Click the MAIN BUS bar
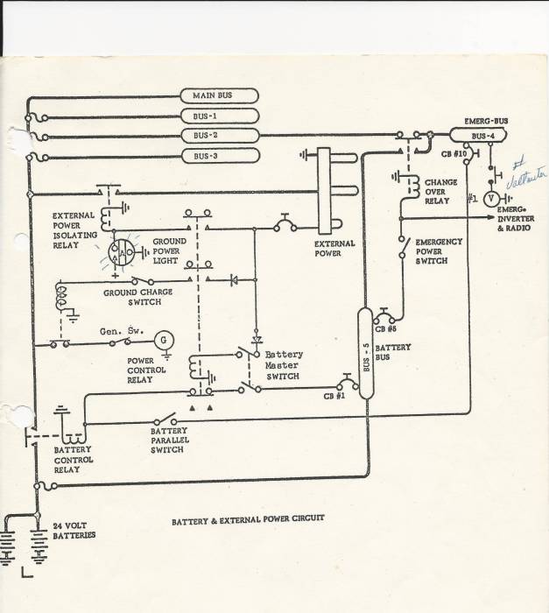tap(218, 95)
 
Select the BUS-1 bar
tap(218, 116)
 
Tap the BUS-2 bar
tap(218, 136)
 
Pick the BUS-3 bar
tap(218, 156)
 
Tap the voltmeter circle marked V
tap(491, 199)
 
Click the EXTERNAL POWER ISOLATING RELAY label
tap(78, 229)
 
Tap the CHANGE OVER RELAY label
tap(440, 191)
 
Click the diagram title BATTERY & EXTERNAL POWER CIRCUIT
tap(247, 518)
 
